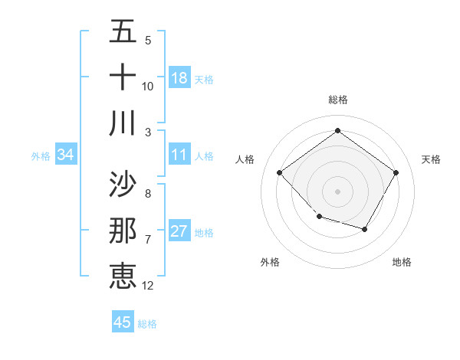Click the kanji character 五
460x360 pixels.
123,32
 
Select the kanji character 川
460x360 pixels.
123,123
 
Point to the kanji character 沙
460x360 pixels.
123,184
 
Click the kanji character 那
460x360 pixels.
123,231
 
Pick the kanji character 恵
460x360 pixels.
123,275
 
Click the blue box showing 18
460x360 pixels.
179,77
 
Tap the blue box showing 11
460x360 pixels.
179,155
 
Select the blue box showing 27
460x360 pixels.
179,231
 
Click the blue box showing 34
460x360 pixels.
66,155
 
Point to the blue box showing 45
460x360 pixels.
123,322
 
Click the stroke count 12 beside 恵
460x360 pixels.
148,286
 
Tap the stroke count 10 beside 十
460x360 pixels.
148,86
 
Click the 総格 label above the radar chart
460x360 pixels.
337,100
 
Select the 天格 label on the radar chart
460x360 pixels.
431,159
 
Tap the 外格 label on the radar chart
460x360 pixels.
270,262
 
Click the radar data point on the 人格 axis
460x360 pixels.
280,173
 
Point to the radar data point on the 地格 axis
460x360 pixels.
365,229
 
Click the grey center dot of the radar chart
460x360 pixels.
337,191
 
